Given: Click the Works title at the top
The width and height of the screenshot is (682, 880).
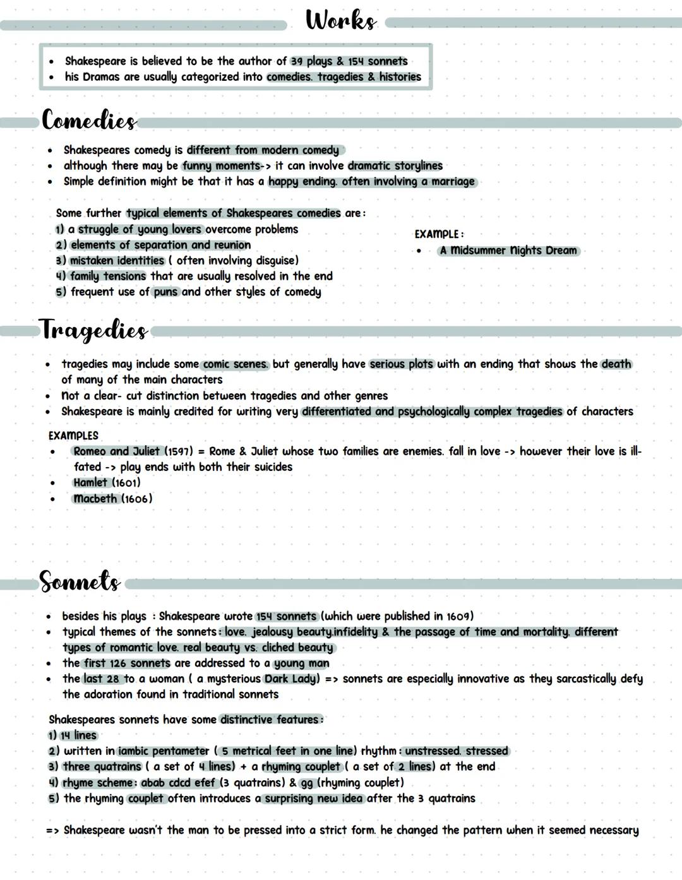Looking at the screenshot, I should point(341,20).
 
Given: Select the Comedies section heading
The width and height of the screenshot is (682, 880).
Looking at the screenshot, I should point(88,120).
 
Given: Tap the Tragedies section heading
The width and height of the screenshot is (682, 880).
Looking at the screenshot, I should point(94,330).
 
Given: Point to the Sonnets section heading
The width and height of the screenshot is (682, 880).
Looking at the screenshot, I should point(80,581).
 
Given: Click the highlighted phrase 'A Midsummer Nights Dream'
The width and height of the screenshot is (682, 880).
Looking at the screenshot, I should point(508,251).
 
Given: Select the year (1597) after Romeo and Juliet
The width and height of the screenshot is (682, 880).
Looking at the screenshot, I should point(179,451).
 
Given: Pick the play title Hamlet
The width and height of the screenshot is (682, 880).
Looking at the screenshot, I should point(90,483).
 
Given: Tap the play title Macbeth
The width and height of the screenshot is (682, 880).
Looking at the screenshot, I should point(95,499).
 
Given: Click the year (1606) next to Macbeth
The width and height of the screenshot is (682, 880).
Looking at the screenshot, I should point(137,499).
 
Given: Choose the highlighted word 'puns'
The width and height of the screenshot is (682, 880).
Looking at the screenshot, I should point(165,292).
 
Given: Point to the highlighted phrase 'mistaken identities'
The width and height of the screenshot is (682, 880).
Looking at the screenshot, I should point(117,261).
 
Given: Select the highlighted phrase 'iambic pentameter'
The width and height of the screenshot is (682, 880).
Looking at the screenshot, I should point(164,751).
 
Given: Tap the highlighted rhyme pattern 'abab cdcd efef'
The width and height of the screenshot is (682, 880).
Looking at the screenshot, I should point(178,783).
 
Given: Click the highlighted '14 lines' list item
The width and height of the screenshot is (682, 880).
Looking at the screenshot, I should point(78,735).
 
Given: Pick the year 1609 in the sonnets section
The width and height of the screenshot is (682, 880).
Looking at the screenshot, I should point(457,616).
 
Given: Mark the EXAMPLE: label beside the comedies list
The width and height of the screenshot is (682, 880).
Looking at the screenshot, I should point(439,234).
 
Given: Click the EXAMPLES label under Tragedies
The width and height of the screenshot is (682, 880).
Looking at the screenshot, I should point(73,436).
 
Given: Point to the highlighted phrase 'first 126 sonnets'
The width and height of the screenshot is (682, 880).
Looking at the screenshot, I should point(127,663).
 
